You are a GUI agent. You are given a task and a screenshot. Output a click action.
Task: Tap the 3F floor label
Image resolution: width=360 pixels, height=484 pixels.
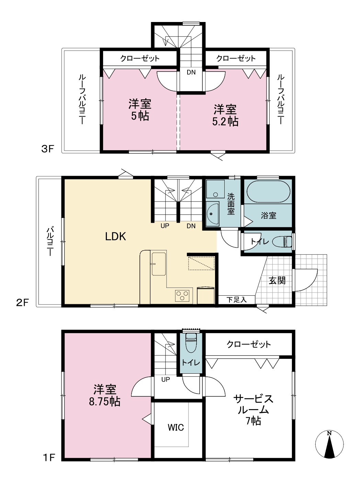(47, 149)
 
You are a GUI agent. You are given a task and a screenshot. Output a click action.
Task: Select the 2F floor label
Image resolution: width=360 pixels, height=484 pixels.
(22, 302)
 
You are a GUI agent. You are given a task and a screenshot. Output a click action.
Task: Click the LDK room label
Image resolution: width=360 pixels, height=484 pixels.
(115, 236)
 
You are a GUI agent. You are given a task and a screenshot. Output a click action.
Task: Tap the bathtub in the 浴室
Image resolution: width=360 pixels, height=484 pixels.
(268, 191)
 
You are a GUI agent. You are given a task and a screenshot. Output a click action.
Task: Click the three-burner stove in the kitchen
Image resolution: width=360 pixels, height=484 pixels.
(182, 296)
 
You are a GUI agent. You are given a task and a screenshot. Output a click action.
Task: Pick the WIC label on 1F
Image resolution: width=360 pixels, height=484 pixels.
(176, 428)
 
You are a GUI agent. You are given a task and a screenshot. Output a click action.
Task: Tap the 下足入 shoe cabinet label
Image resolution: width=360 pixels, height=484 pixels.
(236, 300)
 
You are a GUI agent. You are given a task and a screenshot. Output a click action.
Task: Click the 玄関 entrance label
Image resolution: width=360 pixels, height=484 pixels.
(277, 280)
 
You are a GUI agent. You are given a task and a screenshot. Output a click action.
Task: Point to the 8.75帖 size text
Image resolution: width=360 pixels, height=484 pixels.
(105, 402)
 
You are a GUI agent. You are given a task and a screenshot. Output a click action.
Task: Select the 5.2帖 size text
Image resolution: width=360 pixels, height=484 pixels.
(225, 122)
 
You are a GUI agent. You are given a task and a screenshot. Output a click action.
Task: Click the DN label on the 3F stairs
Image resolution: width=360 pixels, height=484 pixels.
(191, 72)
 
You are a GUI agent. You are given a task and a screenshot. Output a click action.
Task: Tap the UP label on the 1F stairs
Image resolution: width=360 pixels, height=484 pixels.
(166, 379)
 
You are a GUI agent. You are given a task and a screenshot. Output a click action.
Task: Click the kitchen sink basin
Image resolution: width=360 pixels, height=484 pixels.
(159, 264)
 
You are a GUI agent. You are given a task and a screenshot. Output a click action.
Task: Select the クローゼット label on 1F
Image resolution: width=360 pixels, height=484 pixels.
(249, 344)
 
